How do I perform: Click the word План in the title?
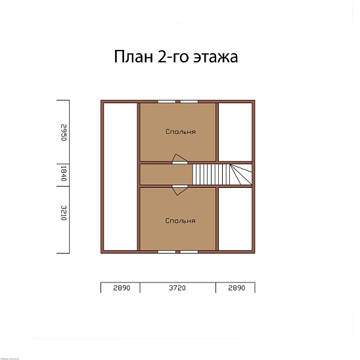[x=133, y=57]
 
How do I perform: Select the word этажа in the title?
[x=214, y=58]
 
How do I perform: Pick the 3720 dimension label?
[x=178, y=288]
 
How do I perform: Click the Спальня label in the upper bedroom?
[x=180, y=131]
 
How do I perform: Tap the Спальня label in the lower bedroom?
[x=180, y=221]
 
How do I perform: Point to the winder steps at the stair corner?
[x=240, y=174]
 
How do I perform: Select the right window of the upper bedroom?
[x=190, y=101]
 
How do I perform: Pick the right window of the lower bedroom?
[x=190, y=251]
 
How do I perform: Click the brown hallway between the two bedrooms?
[x=165, y=175]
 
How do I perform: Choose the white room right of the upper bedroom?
[x=235, y=131]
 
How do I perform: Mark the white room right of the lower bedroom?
[x=235, y=219]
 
